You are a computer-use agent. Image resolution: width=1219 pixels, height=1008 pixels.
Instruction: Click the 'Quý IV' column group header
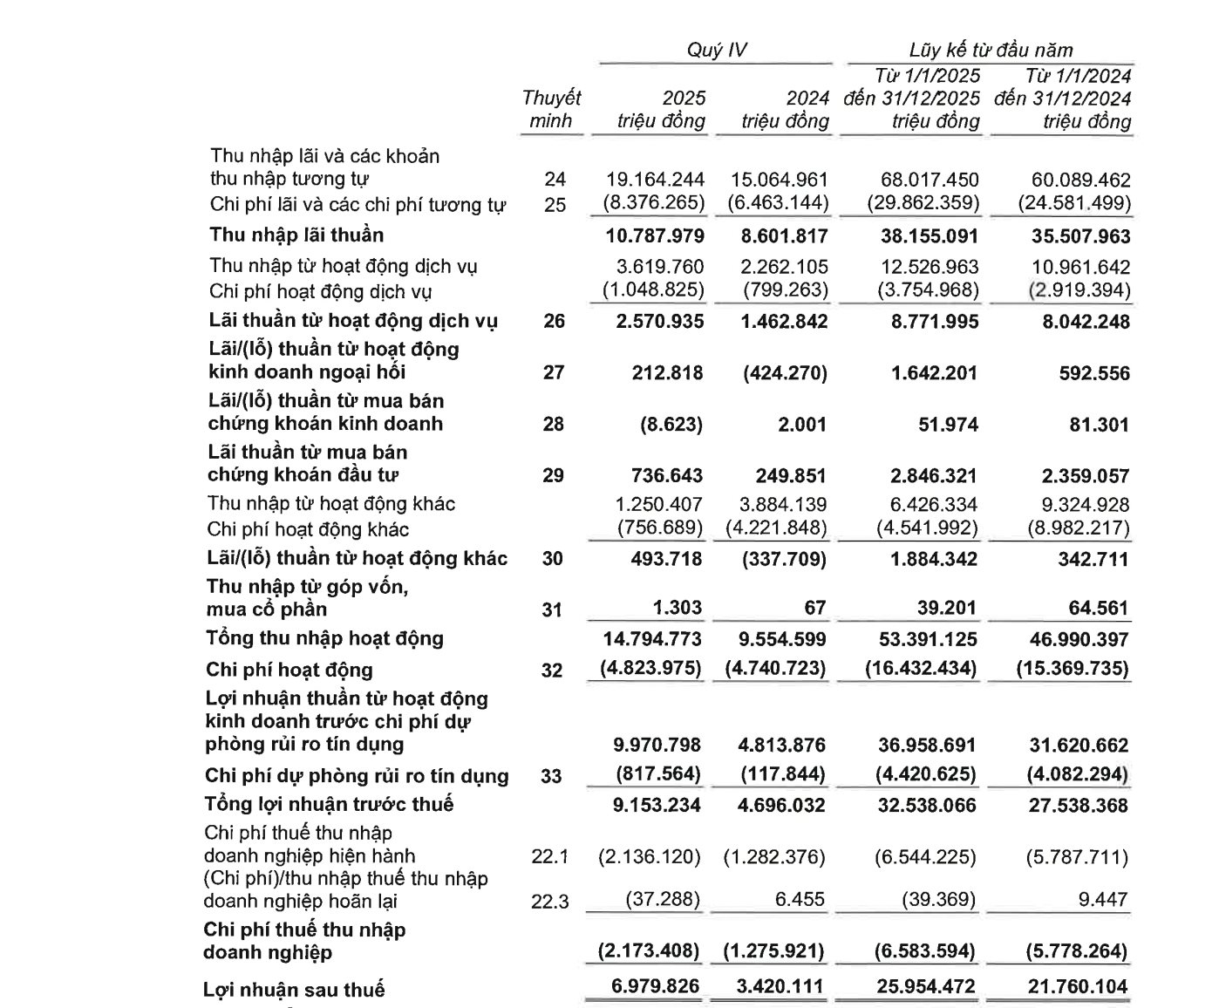point(716,51)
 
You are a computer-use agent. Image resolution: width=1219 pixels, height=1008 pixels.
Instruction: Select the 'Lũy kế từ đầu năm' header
point(991,51)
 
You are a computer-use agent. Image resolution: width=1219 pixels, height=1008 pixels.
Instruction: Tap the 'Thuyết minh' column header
point(550,109)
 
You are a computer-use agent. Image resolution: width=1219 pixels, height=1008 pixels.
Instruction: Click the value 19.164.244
point(655,180)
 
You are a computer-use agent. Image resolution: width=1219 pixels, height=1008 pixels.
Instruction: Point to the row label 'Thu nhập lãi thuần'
point(296,235)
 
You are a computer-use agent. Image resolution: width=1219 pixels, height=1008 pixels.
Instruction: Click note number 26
point(554,322)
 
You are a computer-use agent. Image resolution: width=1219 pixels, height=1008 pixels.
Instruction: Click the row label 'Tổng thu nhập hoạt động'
point(324,638)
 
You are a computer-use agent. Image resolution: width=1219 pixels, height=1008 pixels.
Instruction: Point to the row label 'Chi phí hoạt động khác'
point(308,529)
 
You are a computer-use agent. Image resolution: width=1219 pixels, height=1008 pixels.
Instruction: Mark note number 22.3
point(549,901)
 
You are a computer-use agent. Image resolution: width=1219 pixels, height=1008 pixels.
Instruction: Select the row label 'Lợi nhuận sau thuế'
point(294,990)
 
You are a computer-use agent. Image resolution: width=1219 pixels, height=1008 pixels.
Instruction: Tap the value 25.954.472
point(923,988)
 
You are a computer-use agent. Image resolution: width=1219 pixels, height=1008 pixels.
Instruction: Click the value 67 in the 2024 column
point(814,608)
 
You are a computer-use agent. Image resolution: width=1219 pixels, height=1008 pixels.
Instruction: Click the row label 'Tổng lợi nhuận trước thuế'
point(329,804)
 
